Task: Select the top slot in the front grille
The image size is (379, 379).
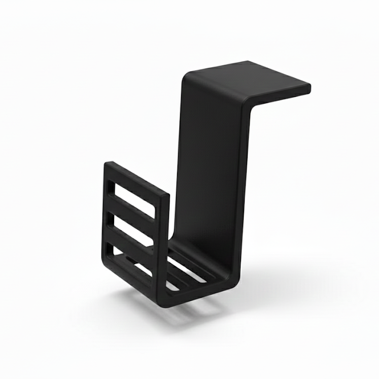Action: pos(132,200)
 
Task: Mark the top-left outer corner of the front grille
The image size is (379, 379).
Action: pos(107,164)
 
